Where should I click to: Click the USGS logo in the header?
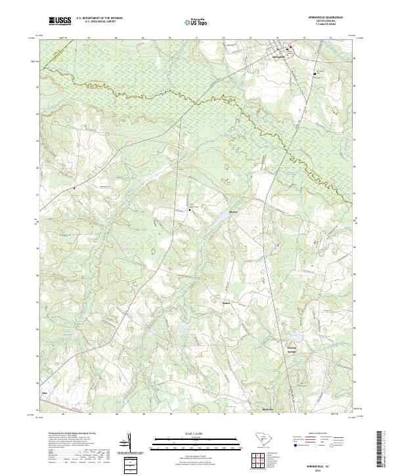60,21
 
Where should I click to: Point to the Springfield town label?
279,56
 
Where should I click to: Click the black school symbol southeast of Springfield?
314,74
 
